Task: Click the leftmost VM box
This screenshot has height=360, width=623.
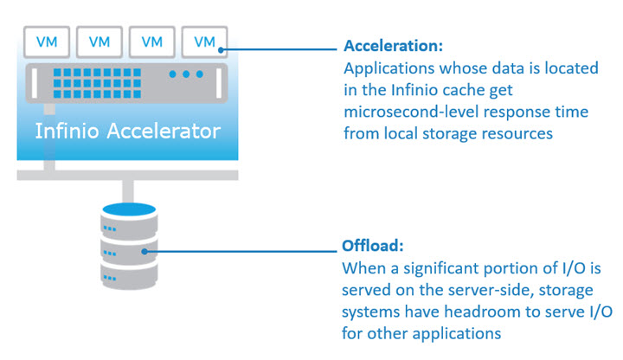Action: point(47,42)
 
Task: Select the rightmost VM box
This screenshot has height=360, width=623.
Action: point(204,42)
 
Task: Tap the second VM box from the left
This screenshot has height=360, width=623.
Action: point(100,42)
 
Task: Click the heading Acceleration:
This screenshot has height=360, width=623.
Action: point(393,46)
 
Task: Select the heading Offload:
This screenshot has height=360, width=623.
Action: point(373,246)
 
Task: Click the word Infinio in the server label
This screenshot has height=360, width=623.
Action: point(67,131)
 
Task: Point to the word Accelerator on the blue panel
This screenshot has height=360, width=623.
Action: point(164,131)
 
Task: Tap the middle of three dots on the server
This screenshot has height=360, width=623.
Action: point(186,74)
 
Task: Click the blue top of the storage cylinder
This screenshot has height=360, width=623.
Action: point(129,209)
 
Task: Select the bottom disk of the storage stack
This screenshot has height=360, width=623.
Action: point(129,275)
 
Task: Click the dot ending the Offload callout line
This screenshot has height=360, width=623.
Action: point(145,252)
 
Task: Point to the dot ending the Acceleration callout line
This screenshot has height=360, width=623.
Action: point(221,50)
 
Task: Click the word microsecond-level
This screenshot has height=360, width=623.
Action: point(411,112)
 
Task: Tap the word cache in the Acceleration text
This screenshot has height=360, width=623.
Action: point(463,90)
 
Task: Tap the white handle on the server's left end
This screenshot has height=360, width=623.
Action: point(34,83)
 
